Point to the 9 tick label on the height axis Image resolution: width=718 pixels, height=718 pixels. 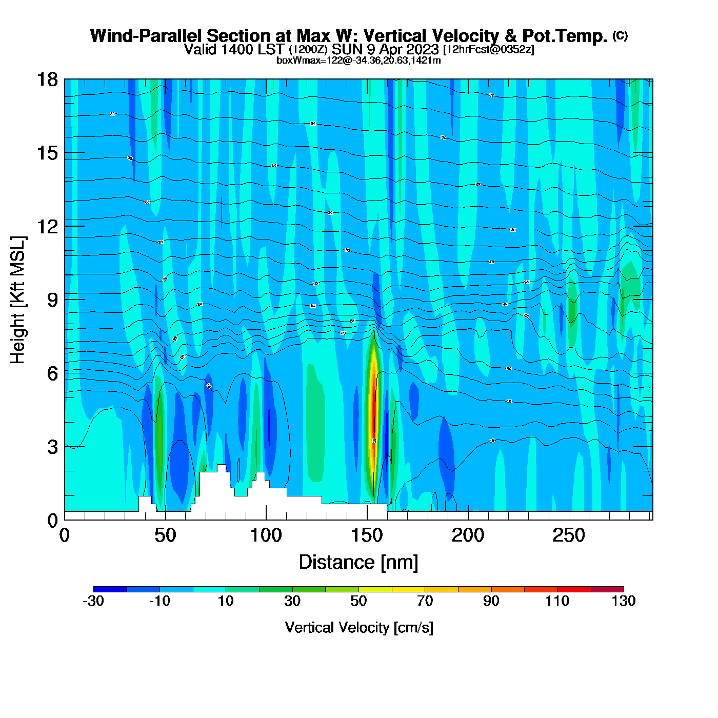52,300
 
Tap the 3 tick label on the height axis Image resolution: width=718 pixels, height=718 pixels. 52,447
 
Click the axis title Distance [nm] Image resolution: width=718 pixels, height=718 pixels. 358,563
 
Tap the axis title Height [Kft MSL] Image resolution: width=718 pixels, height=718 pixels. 18,300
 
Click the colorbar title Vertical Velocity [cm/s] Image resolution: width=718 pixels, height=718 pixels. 359,628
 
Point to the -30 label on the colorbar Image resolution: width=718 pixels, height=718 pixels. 93,601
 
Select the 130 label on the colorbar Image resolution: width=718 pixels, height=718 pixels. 624,601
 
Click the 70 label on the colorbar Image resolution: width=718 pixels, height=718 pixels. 425,601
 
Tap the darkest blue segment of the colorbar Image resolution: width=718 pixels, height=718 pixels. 110,589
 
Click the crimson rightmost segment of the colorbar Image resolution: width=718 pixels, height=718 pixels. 607,589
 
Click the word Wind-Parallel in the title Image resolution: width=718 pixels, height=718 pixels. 146,36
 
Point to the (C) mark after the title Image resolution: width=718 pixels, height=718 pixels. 620,35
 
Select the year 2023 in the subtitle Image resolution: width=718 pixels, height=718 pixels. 425,50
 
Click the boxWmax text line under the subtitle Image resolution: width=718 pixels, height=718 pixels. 358,61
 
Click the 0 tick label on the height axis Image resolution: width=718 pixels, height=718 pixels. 52,521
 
